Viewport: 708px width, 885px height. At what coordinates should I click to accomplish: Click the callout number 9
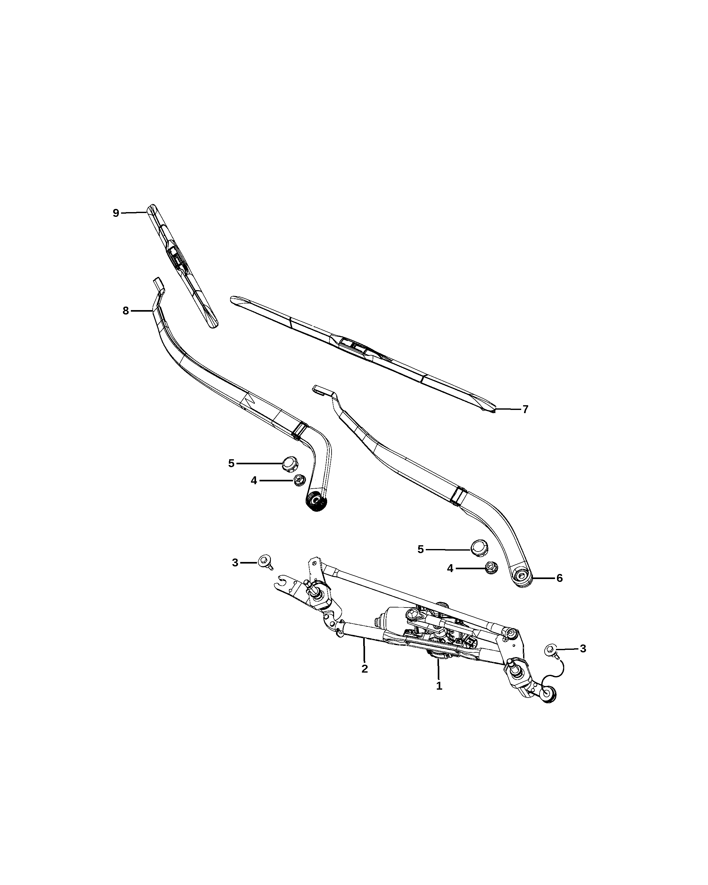116,213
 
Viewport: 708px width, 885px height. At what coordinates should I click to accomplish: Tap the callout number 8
125,311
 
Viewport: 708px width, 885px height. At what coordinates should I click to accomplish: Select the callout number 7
525,409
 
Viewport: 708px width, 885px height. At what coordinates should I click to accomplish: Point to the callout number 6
559,578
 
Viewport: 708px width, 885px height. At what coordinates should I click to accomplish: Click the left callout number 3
235,563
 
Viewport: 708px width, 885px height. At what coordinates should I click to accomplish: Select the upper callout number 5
231,463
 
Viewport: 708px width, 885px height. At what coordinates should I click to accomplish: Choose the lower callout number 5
420,549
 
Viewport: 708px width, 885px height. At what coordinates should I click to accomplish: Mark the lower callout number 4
450,569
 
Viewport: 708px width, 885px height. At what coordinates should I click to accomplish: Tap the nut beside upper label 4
298,480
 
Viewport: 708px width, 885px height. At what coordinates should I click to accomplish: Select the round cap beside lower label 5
479,548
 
